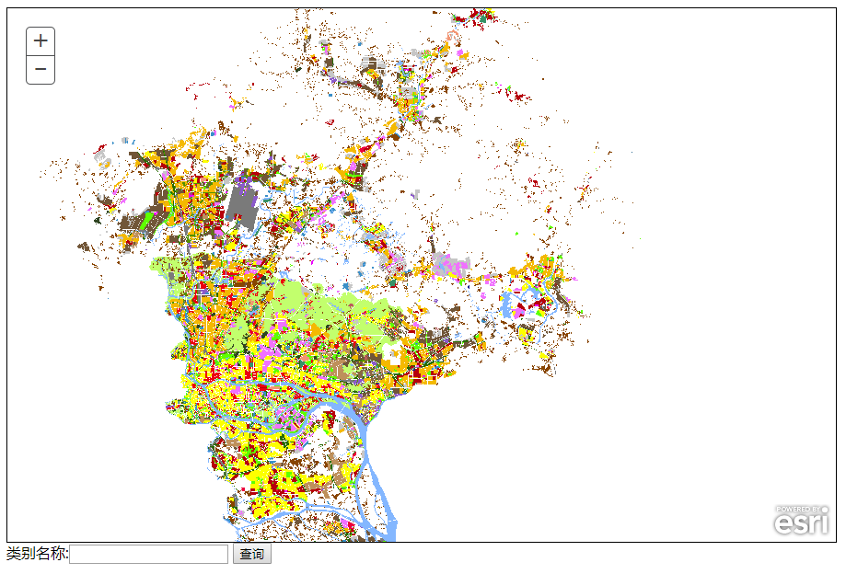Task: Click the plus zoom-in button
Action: pos(41,41)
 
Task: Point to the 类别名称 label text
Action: pos(37,554)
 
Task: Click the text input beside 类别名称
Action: pos(148,554)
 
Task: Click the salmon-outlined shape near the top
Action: pos(451,37)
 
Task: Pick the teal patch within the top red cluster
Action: pos(481,17)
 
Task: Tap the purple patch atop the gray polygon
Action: pos(244,173)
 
